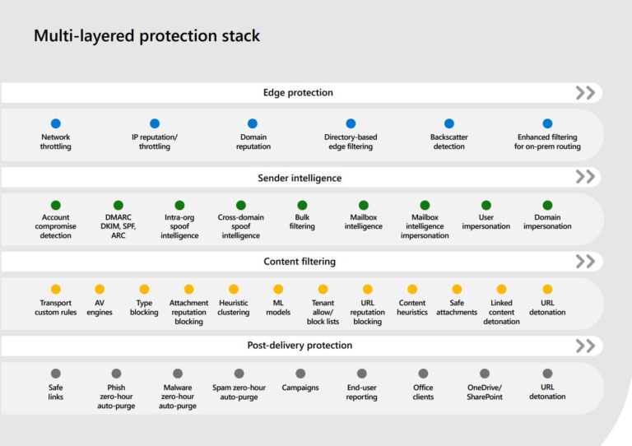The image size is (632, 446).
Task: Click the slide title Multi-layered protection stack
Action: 146,36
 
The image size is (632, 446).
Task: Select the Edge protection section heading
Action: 298,93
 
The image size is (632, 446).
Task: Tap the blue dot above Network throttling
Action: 56,123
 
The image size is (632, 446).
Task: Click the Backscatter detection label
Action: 448,142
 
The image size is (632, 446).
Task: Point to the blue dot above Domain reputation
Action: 253,123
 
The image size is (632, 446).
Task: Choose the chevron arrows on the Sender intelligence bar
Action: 585,177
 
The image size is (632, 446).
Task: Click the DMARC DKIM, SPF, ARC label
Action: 118,226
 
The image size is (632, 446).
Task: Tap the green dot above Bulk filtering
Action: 302,205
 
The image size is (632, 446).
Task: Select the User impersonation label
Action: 486,222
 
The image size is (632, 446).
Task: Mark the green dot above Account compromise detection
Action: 56,205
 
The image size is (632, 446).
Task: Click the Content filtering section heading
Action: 300,262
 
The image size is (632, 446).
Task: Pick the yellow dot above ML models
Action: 278,290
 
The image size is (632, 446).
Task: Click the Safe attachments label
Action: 457,308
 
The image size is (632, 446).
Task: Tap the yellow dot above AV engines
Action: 100,290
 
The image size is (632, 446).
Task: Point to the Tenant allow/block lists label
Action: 323,312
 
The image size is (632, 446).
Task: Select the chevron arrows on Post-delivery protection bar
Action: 585,346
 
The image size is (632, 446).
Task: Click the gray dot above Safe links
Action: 56,374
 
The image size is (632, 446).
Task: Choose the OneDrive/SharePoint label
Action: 484,392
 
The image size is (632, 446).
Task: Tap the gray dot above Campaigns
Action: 300,374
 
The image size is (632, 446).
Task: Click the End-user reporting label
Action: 361,392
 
